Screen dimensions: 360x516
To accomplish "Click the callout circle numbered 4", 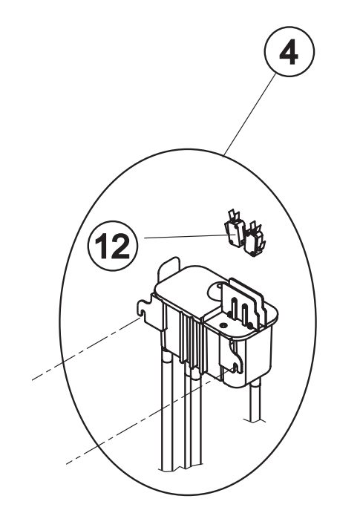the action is click(x=289, y=52).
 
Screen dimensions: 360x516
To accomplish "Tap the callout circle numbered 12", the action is click(x=113, y=246).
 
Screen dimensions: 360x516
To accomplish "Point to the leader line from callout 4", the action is click(x=249, y=115).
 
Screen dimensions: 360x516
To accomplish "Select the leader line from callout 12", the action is click(x=184, y=236).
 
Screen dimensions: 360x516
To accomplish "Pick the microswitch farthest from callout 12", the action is click(x=255, y=239).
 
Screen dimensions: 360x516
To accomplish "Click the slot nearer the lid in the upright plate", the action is click(x=234, y=307).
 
